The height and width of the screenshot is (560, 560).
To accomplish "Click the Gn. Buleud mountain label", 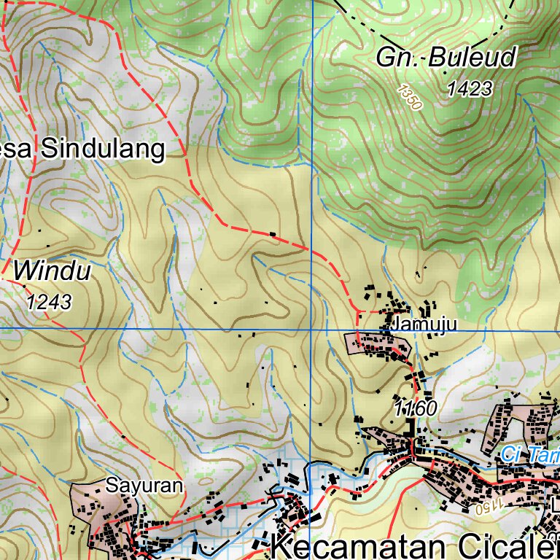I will point(446,58).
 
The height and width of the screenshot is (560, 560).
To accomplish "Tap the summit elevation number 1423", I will point(469,89).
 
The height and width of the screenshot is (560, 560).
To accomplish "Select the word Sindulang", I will point(102,149).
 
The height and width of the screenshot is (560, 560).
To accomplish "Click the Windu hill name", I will point(52,272).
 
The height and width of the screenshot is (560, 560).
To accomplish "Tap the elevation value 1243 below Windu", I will point(49,301).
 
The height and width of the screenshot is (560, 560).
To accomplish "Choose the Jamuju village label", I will point(424,324).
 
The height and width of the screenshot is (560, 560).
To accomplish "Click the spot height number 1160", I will point(415,409).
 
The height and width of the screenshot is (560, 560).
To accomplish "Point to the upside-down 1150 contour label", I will point(492,505).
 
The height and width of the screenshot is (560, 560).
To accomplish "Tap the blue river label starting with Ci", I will point(530,455).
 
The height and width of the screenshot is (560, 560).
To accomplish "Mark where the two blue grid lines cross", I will point(311,330).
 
